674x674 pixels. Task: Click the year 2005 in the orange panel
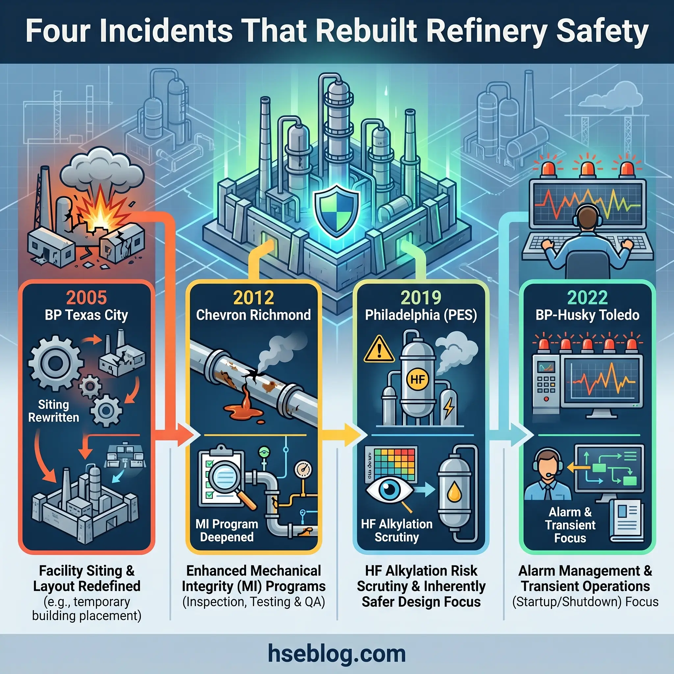click(86, 298)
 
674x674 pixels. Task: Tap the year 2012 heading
click(253, 298)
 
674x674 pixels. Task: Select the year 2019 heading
click(421, 298)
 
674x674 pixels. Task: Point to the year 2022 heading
click(587, 298)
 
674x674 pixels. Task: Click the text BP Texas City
click(86, 315)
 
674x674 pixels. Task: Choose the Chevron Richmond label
click(253, 315)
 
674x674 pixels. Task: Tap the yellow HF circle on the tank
click(418, 379)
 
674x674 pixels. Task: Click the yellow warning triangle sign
click(379, 350)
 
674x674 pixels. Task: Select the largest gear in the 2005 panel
click(56, 363)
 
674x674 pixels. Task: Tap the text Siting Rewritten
click(53, 411)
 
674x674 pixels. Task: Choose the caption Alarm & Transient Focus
click(570, 525)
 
